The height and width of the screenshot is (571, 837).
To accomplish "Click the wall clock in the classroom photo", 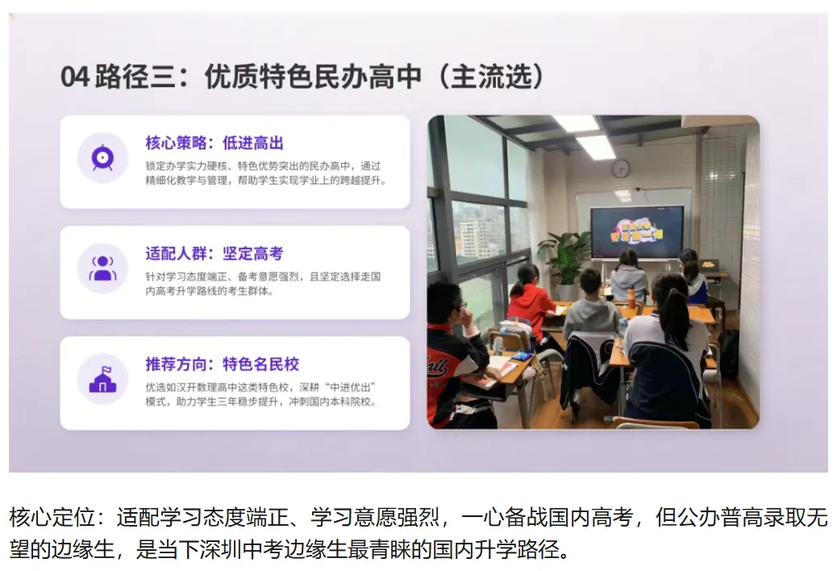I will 620,168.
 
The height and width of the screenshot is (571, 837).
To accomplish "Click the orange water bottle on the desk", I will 631,298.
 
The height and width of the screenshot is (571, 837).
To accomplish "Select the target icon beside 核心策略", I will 102,157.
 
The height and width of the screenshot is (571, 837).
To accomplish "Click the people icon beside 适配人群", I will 102,268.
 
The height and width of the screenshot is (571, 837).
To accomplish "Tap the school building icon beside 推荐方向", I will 102,378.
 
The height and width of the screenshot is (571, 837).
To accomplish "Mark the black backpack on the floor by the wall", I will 728,354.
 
